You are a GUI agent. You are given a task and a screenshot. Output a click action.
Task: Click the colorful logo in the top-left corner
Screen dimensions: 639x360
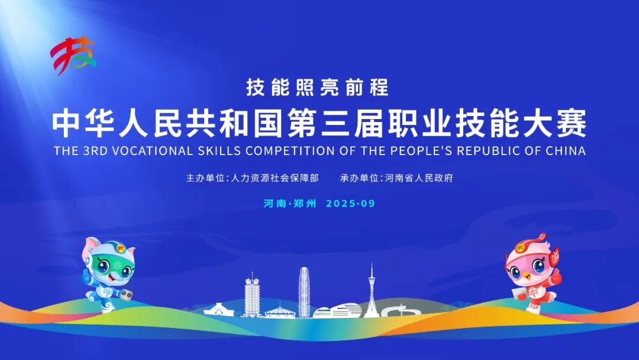tap(73, 56)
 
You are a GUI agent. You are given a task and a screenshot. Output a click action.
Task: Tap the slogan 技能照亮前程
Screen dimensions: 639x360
tap(318, 87)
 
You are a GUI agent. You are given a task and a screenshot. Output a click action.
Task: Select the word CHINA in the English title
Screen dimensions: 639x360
tap(566, 151)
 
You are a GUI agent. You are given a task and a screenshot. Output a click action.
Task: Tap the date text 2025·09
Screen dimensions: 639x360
tap(350, 204)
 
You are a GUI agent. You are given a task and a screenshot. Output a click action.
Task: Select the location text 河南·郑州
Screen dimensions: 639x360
tap(290, 204)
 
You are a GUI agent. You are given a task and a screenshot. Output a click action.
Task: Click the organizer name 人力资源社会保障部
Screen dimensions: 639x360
tap(275, 178)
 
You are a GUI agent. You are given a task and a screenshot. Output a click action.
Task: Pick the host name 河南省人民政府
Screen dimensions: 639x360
tap(419, 178)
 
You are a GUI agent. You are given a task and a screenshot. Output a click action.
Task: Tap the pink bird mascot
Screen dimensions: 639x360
tap(532, 272)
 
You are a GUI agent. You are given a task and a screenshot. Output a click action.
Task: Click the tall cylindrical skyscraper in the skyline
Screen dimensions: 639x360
tap(304, 292)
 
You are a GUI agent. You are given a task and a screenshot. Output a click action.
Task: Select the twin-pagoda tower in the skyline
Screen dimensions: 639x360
tap(252, 295)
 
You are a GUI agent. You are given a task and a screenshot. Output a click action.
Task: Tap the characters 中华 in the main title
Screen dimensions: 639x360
tap(83, 123)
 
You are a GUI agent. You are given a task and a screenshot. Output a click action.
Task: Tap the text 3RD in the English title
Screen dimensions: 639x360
tap(95, 151)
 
